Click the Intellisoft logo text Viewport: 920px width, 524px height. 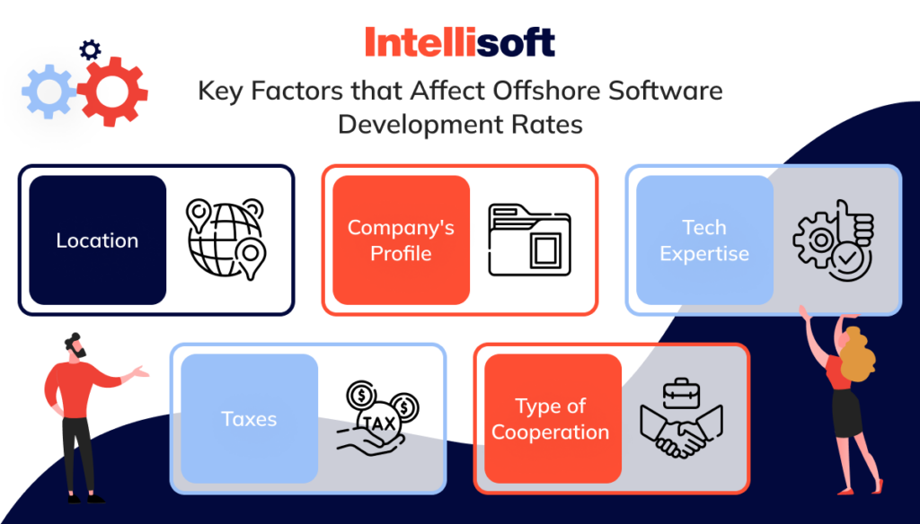click(459, 42)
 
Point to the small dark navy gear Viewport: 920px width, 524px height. click(90, 49)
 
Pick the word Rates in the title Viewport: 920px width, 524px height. click(551, 124)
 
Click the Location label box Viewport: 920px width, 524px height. click(97, 240)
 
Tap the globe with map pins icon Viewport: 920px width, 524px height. click(225, 239)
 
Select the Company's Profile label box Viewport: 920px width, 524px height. click(401, 240)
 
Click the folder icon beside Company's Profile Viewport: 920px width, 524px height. click(529, 240)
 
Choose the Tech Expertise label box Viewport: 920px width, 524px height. click(704, 240)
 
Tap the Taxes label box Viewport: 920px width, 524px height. click(249, 419)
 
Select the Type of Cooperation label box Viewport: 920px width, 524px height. click(552, 419)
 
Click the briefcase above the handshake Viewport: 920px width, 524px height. click(681, 392)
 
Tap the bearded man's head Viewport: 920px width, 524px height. click(74, 346)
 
